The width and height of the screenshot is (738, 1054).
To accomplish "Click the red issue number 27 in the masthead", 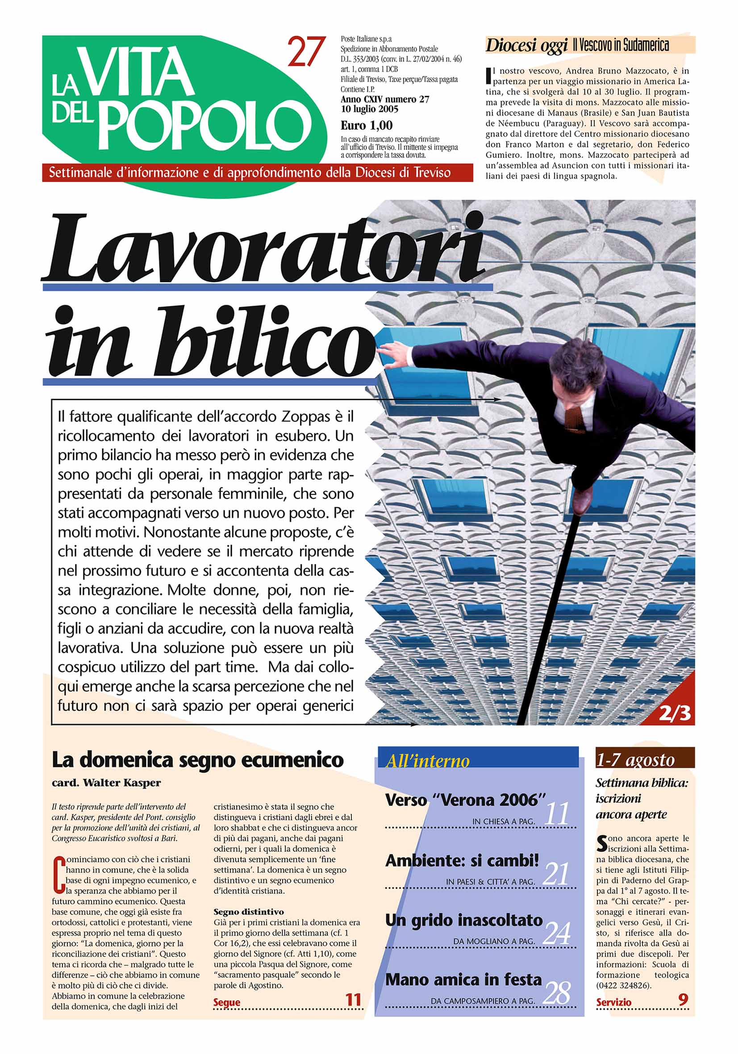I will pos(306,52).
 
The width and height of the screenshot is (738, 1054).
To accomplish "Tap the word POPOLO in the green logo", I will pos(204,125).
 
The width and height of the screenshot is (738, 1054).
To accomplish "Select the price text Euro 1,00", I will pos(367,125).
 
